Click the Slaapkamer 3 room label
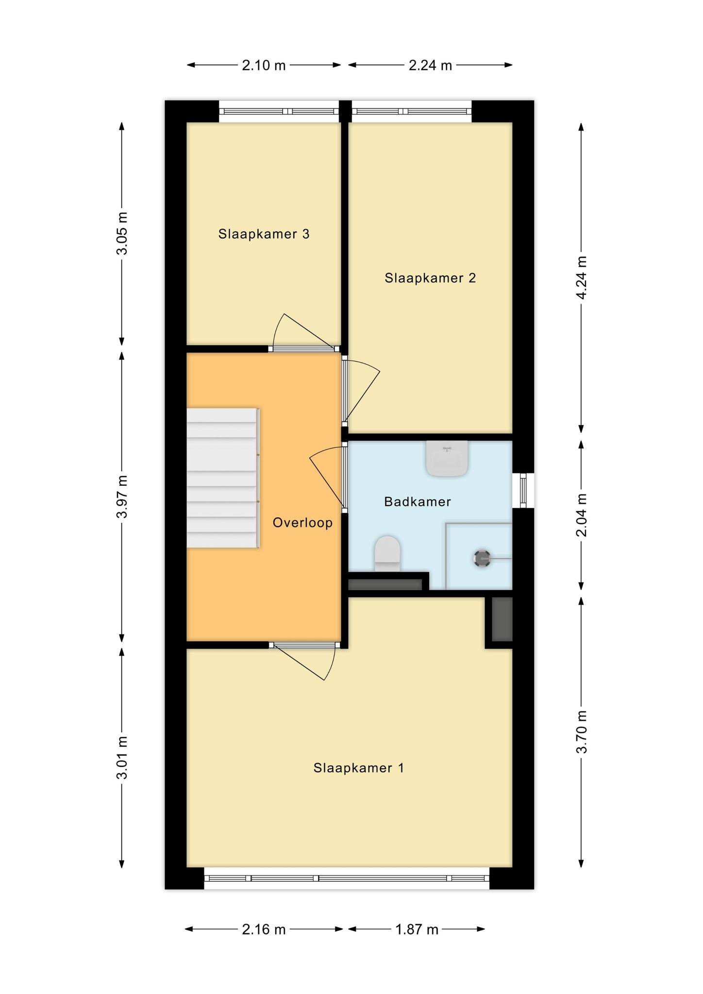tap(264, 234)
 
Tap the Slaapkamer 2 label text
tap(430, 278)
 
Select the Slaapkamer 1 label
tap(359, 768)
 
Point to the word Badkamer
tap(418, 501)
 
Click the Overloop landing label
tap(302, 522)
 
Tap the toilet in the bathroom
tap(387, 554)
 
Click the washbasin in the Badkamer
tap(447, 458)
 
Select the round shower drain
tap(482, 559)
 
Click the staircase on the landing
tap(223, 478)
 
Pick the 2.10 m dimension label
tap(264, 65)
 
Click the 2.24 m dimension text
tap(430, 65)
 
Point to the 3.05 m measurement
tap(122, 233)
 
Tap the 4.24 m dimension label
tap(581, 278)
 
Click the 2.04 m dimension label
tap(581, 515)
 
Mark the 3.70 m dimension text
tap(581, 731)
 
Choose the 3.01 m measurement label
tap(122, 758)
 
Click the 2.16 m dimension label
tap(264, 929)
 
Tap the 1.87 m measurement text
tap(417, 929)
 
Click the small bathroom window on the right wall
tap(523, 491)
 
